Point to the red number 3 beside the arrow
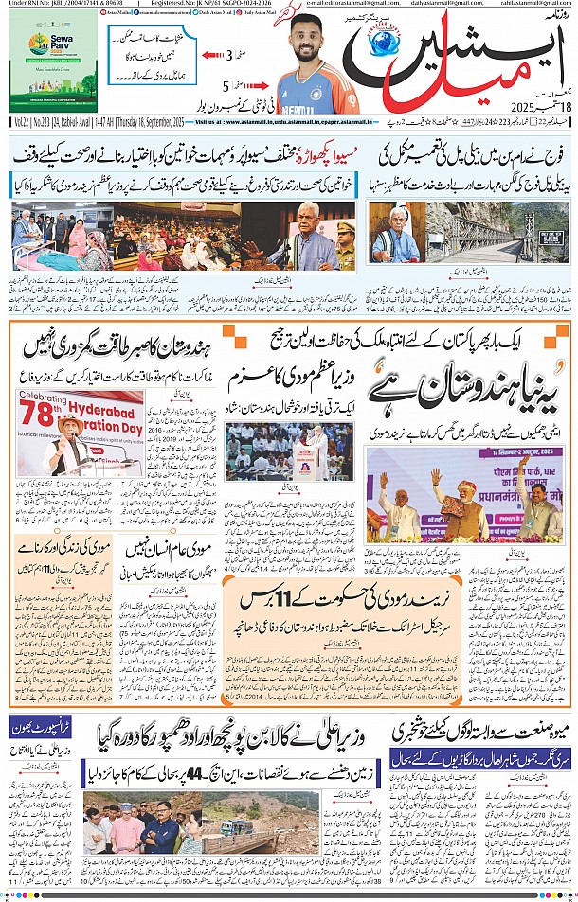(229, 55)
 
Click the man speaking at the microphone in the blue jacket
(314, 236)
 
